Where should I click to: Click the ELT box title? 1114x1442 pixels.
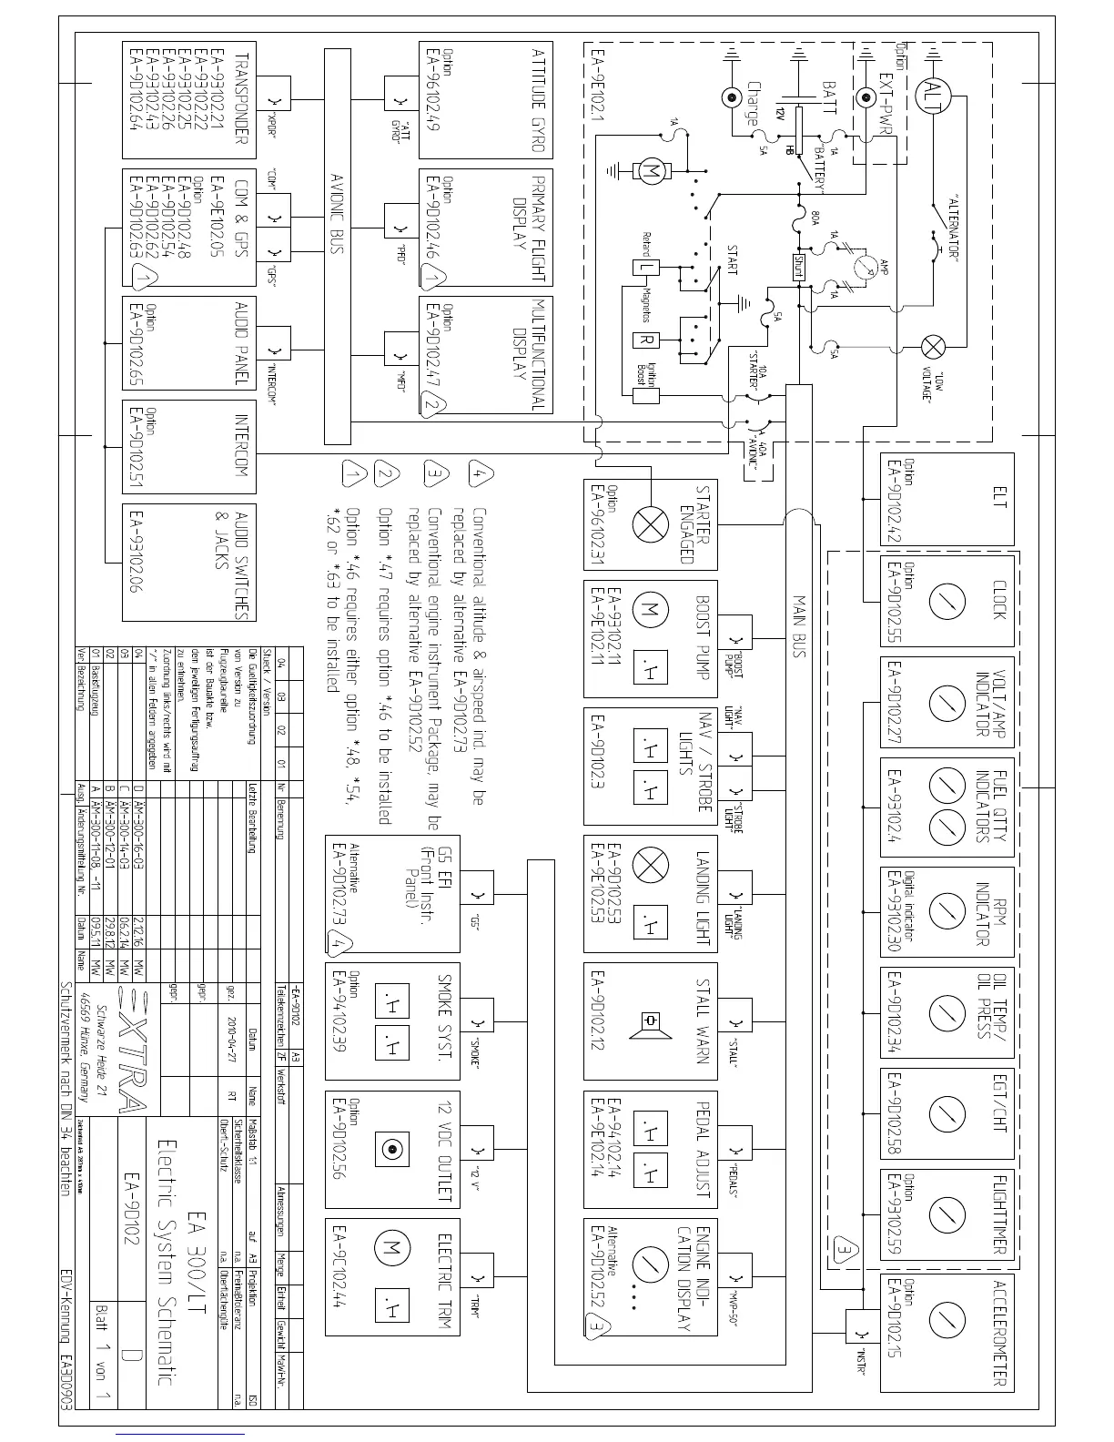(999, 500)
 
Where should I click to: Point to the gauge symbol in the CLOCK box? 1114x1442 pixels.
(947, 601)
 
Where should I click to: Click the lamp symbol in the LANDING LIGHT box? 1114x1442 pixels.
(650, 865)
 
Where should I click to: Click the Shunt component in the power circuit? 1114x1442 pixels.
(797, 266)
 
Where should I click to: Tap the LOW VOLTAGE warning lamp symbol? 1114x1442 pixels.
(933, 347)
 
